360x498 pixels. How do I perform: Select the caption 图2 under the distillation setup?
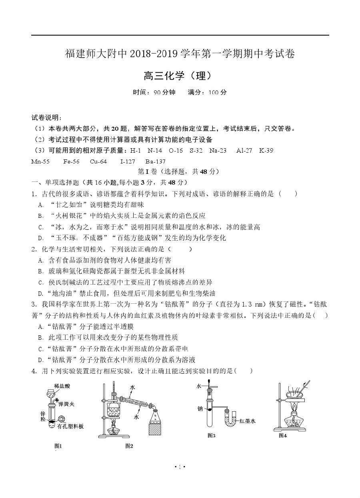click(129, 446)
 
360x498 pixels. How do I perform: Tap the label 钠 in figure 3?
click(200, 409)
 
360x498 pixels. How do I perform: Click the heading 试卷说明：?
click(46, 118)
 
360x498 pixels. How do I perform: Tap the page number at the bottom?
click(180, 466)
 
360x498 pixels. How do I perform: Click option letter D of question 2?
click(40, 293)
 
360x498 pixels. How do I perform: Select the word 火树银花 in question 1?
click(66, 216)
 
